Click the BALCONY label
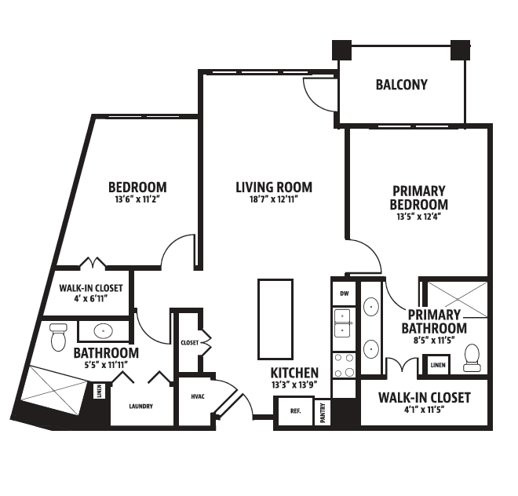point(401,85)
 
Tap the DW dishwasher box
point(344,294)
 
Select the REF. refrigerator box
point(295,411)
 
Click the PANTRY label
point(323,412)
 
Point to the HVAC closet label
point(198,396)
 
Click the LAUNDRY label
point(141,406)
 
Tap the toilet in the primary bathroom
point(472,358)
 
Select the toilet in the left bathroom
point(59,337)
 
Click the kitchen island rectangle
point(275,319)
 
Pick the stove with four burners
point(344,365)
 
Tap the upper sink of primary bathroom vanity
point(371,307)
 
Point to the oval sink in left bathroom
point(104,330)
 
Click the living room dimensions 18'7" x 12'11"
point(274,199)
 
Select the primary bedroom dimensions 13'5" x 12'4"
point(419,217)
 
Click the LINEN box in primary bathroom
point(438,365)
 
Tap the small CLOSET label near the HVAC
point(190,343)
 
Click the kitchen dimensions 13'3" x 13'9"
point(294,385)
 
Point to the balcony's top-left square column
point(341,50)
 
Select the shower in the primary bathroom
point(457,299)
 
